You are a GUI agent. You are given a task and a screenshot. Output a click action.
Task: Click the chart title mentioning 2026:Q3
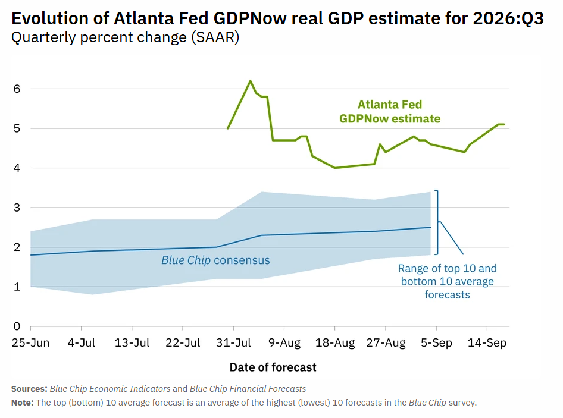click(x=277, y=18)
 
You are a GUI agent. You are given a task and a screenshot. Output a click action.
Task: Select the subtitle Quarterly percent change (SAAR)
click(x=126, y=37)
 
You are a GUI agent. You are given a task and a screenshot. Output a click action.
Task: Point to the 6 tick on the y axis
click(x=17, y=89)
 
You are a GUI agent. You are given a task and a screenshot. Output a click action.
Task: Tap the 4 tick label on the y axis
click(x=17, y=168)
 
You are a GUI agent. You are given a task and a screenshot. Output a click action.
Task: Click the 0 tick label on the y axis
click(x=17, y=326)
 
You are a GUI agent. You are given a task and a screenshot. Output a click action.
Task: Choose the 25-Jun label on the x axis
click(x=30, y=342)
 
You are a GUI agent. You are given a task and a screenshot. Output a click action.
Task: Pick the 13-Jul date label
click(x=132, y=342)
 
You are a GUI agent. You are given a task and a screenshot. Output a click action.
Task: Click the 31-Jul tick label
click(x=233, y=342)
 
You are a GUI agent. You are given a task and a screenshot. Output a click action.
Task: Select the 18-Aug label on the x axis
click(x=335, y=342)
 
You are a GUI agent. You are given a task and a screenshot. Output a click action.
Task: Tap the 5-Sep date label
click(x=436, y=342)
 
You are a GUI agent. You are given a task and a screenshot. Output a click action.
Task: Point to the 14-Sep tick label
click(x=487, y=342)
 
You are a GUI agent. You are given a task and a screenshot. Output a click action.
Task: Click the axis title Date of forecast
click(x=273, y=367)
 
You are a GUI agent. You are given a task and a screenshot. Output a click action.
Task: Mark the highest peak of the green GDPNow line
click(x=251, y=81)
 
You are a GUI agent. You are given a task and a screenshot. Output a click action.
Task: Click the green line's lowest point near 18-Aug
click(x=335, y=168)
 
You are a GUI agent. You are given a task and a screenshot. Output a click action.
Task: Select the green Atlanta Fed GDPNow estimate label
click(x=390, y=112)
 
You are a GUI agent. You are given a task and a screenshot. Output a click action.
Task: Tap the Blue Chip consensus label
click(x=215, y=260)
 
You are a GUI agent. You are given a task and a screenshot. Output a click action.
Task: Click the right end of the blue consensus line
click(x=430, y=227)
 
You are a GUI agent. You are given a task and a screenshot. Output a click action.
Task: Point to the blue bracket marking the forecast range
click(x=437, y=222)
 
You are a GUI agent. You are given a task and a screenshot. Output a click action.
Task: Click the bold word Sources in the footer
click(x=29, y=389)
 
